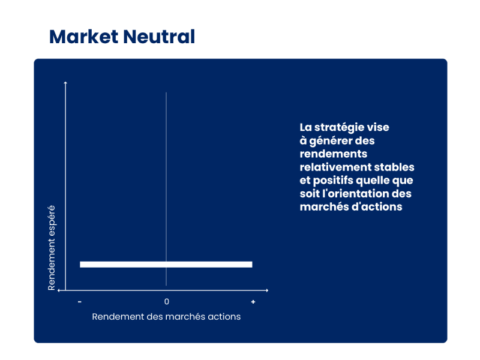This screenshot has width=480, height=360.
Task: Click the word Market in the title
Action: (84, 37)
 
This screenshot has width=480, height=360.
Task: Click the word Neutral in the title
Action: (159, 37)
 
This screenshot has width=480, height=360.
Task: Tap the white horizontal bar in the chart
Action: (166, 265)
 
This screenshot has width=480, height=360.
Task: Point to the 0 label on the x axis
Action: (167, 302)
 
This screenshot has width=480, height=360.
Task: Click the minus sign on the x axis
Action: (80, 302)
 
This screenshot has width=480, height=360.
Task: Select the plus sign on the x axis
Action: (253, 302)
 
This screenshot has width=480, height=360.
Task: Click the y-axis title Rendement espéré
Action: (52, 248)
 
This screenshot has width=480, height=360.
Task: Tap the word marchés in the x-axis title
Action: (182, 317)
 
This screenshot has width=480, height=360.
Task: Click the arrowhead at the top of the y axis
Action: (65, 83)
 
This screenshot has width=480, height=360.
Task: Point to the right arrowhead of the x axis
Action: (267, 290)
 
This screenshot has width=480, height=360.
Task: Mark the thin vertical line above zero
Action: (166, 189)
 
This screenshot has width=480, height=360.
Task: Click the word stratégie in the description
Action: (335, 127)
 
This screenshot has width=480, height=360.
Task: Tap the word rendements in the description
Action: (334, 154)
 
